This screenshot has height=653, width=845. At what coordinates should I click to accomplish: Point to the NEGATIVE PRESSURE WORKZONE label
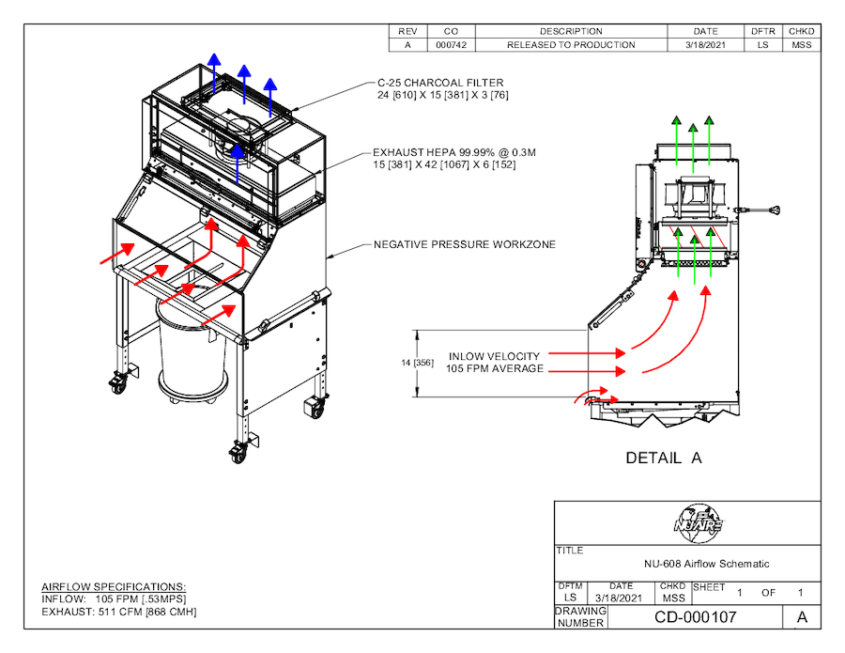click(x=465, y=244)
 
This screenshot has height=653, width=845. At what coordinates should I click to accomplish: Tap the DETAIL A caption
click(x=664, y=459)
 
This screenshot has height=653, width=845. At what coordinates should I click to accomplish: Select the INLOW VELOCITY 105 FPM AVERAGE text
click(x=495, y=363)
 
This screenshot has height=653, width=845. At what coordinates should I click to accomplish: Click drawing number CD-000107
click(x=695, y=617)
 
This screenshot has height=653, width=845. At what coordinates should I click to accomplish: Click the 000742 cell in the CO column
click(x=452, y=45)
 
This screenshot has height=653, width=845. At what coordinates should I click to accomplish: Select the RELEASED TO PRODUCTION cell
click(x=571, y=45)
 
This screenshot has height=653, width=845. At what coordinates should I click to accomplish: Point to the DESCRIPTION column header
click(x=571, y=31)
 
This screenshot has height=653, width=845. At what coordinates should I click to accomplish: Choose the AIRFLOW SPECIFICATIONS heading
click(x=114, y=586)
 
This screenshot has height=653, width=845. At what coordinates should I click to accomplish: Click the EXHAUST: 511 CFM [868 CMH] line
click(x=119, y=612)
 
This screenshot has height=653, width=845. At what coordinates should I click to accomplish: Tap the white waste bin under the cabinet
click(x=193, y=353)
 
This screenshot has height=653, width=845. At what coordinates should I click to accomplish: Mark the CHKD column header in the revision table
click(x=801, y=31)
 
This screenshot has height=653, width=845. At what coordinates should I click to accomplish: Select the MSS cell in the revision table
click(x=801, y=45)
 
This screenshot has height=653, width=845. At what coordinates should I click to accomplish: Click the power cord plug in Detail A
click(x=776, y=209)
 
